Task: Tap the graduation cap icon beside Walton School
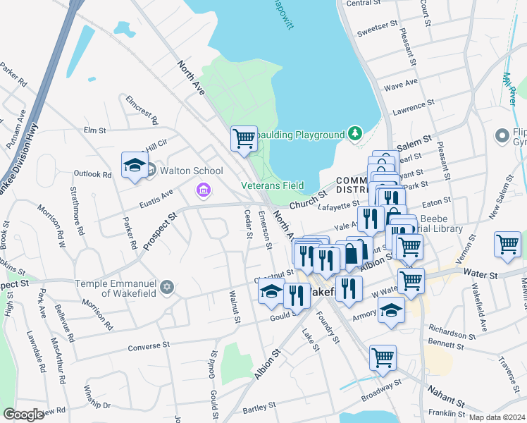133,165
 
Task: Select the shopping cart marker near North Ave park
244,137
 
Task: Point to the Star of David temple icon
166,287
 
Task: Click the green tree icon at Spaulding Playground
355,133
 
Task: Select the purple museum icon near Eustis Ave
203,190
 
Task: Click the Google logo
23,415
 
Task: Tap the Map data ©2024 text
496,417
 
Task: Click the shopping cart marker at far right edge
507,244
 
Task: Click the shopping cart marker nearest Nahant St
383,356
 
